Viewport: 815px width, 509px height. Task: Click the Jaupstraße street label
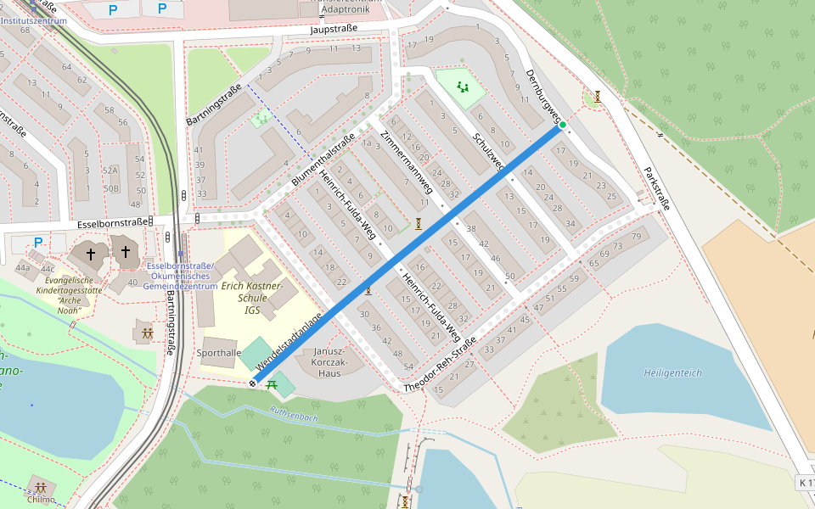(334, 28)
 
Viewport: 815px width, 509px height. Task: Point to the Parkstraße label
(656, 187)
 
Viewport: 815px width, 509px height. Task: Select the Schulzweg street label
(489, 151)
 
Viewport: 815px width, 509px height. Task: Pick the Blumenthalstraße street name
(323, 161)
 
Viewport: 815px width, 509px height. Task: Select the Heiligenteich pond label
(672, 372)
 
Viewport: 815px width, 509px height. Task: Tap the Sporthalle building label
(218, 352)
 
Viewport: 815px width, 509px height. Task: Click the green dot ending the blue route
(562, 126)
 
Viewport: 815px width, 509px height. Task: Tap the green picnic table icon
(273, 384)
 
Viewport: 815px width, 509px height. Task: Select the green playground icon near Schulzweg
(463, 87)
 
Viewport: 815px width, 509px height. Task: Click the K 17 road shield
(805, 483)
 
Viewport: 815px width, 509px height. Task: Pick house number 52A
(110, 171)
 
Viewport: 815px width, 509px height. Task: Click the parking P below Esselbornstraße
(37, 243)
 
